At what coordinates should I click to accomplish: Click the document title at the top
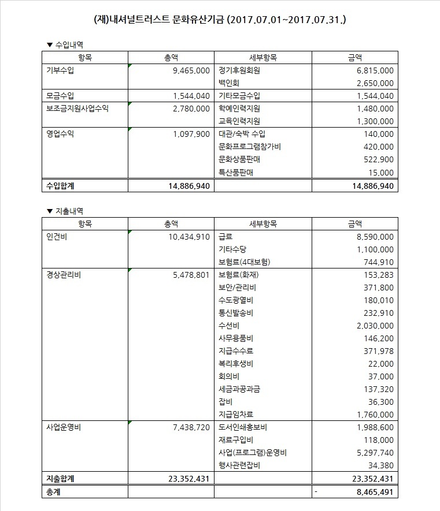[220, 20]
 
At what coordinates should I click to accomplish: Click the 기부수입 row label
[60, 70]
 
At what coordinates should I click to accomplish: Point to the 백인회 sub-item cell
[228, 83]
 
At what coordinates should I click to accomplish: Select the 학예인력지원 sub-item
[239, 109]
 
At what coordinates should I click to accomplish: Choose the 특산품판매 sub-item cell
[236, 172]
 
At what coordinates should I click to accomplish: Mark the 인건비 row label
[57, 237]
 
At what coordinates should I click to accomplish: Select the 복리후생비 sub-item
[236, 364]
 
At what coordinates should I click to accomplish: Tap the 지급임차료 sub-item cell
[236, 415]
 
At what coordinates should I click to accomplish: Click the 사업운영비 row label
[64, 427]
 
